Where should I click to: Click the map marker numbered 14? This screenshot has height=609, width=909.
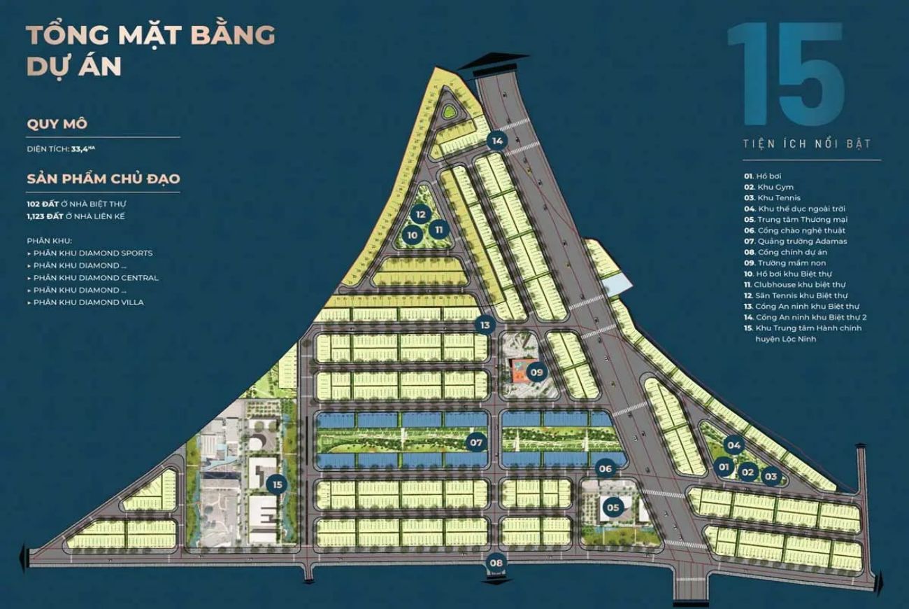tap(496, 141)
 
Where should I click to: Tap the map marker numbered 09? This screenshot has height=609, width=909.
tap(536, 372)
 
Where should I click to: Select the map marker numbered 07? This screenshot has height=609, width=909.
tap(477, 442)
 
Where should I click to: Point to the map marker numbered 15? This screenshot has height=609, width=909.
tap(278, 484)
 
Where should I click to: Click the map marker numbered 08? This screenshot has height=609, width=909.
tap(496, 561)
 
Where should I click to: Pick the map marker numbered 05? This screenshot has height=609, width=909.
tap(613, 507)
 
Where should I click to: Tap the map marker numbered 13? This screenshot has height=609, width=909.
tap(485, 325)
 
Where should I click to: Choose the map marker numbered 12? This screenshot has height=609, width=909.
tap(420, 215)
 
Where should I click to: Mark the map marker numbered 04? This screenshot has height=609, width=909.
tap(733, 444)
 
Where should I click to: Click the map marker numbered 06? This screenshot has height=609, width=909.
tap(606, 469)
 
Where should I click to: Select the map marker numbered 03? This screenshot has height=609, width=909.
tap(771, 477)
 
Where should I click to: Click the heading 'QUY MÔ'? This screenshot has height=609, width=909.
tap(57, 124)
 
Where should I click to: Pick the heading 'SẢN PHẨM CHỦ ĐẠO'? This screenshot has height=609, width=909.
tap(103, 178)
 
